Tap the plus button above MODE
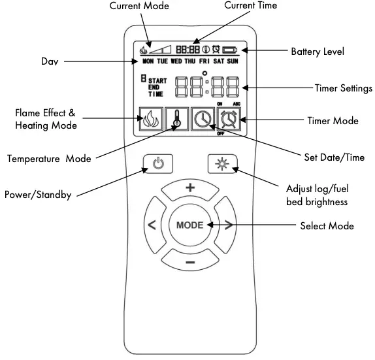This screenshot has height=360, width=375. [x=190, y=188]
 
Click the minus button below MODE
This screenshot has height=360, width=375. [x=189, y=262]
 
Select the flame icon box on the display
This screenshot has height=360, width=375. [x=150, y=120]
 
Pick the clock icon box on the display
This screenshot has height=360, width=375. [x=203, y=120]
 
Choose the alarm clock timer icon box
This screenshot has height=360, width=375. [x=229, y=120]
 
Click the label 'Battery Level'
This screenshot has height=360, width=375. [x=317, y=50]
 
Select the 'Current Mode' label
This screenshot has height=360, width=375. [x=139, y=6]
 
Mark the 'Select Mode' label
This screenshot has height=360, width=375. [x=327, y=226]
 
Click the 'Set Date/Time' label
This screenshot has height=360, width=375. [x=334, y=157]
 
